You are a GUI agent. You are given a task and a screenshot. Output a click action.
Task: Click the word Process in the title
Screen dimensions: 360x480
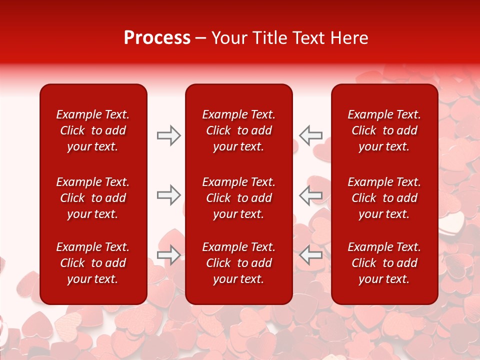[x=157, y=38]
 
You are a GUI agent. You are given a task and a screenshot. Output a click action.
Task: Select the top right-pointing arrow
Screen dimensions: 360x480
[x=168, y=135]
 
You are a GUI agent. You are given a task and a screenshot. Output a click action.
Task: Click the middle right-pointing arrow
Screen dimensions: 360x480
[x=168, y=195]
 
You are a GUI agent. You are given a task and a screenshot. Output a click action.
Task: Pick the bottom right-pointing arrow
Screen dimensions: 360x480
[x=168, y=255]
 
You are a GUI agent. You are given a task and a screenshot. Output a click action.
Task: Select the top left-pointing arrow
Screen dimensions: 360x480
[x=311, y=135]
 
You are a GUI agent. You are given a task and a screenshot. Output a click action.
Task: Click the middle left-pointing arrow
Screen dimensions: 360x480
[x=311, y=195]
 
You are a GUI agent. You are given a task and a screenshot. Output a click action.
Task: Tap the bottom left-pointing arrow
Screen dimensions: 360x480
[x=311, y=255]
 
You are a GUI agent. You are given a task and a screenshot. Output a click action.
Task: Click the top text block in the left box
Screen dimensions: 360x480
[x=93, y=130]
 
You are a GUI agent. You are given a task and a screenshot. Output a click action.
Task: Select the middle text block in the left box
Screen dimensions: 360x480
[x=93, y=198]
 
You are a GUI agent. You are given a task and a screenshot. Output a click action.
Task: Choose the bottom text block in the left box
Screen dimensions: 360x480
[x=93, y=263]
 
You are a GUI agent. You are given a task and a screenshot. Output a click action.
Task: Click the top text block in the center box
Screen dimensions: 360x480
[x=239, y=130]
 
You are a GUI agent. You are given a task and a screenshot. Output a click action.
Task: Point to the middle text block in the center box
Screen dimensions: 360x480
[x=239, y=198]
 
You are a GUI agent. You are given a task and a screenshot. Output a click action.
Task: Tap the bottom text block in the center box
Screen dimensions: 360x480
[x=239, y=263]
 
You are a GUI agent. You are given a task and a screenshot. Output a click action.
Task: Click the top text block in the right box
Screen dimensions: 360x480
[x=384, y=130]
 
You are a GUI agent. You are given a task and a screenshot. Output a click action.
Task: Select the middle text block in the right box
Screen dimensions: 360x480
[x=384, y=198]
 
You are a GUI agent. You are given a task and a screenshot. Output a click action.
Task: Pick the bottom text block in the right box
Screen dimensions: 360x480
[x=384, y=263]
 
